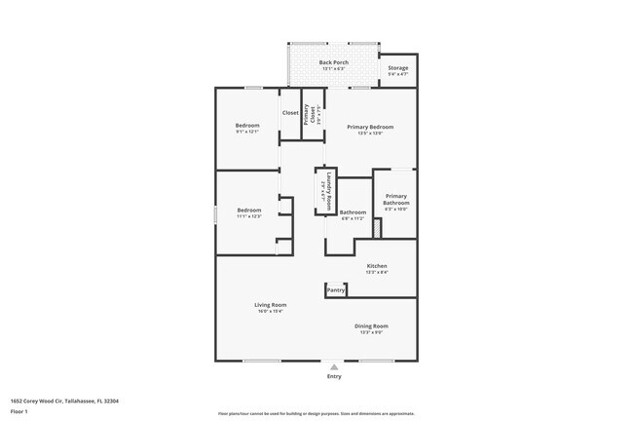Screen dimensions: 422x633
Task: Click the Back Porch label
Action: coord(333,62)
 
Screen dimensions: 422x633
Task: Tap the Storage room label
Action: coord(397,68)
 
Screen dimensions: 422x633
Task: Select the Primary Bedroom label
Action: coord(370,127)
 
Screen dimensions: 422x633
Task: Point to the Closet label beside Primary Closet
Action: coord(290,113)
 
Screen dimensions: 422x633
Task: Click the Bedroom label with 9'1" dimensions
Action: coord(247,127)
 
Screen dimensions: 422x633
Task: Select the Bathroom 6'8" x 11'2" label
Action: coord(353,212)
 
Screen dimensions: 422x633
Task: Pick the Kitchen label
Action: coord(376,266)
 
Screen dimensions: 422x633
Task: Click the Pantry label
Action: coord(336,289)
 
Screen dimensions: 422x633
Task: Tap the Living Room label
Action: coord(269,306)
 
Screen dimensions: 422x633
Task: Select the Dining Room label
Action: coord(371,326)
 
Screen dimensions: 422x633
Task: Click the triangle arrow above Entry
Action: coord(334,366)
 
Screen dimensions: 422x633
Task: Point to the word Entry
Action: coord(334,376)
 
